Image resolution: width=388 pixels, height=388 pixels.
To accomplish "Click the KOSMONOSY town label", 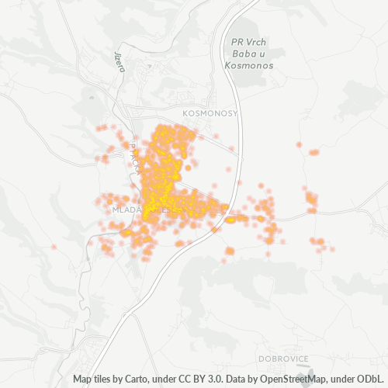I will click(x=208, y=113).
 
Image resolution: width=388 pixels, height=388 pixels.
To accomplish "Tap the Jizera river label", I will click(x=120, y=62).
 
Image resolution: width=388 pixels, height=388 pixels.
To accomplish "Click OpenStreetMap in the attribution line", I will click(x=287, y=380).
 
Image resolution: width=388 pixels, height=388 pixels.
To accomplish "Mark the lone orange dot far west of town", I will click(x=54, y=247).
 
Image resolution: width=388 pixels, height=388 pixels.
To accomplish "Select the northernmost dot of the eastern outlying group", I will click(x=299, y=144).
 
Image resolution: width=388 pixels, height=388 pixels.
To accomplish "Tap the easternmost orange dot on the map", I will click(x=332, y=249).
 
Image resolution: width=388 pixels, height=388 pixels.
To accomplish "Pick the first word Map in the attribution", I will click(x=83, y=380).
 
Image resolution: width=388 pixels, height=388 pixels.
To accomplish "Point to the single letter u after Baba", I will click(x=258, y=54).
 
